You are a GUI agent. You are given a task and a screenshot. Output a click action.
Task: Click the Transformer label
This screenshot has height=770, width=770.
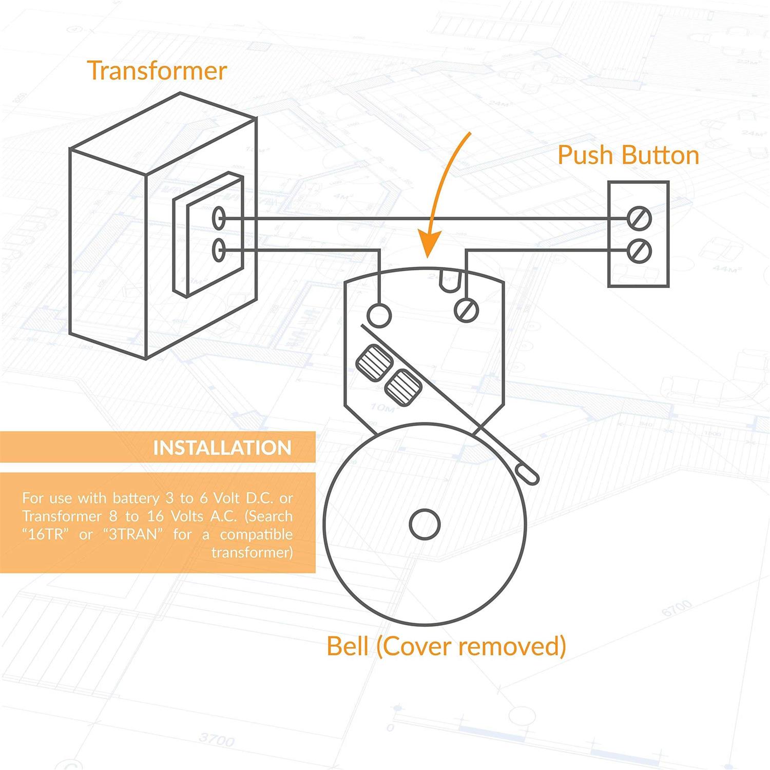click(x=157, y=70)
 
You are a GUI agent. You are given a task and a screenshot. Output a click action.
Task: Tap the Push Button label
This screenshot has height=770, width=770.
click(x=628, y=155)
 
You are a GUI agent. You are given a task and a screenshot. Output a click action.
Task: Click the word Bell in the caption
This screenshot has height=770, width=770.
click(x=347, y=646)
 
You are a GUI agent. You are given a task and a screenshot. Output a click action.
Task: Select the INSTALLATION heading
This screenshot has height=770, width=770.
click(x=222, y=448)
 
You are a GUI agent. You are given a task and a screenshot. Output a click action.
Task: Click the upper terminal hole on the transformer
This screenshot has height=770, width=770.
click(x=219, y=218)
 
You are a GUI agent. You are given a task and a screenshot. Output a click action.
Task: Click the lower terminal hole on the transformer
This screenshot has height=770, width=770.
click(x=219, y=251)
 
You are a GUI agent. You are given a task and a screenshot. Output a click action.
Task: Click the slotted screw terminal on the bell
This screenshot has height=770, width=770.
click(x=467, y=310)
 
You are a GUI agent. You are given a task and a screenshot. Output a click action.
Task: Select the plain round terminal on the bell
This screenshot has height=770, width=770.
click(x=379, y=315)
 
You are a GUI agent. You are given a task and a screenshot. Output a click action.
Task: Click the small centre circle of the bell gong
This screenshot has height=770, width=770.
click(x=425, y=524)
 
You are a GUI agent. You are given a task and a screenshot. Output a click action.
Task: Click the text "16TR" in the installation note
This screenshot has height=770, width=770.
click(x=45, y=534)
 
